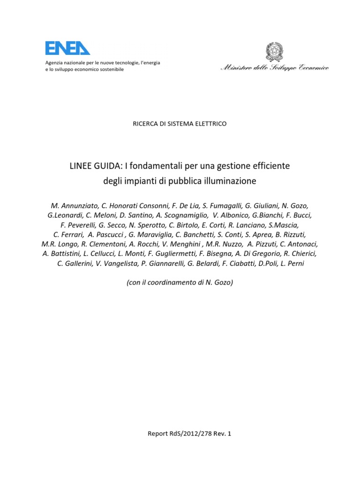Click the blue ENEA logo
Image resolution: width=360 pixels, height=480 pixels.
tap(67, 48)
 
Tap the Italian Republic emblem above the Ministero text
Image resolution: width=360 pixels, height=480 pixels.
tap(274, 51)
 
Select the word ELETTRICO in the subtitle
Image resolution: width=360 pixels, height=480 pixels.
tap(209, 124)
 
